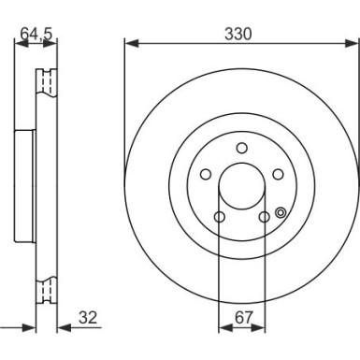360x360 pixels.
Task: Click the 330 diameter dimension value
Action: (238, 34)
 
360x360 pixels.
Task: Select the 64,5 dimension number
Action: (36, 34)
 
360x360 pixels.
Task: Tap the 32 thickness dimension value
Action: (88, 318)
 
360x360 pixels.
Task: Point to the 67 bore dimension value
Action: (243, 318)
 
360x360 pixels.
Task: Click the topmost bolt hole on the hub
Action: (241, 148)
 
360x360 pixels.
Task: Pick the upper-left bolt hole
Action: (206, 174)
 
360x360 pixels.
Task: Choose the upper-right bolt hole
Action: (278, 174)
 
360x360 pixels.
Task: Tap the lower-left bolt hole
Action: (220, 217)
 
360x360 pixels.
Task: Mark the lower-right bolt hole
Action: (265, 217)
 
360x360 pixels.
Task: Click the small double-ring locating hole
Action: (281, 212)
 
